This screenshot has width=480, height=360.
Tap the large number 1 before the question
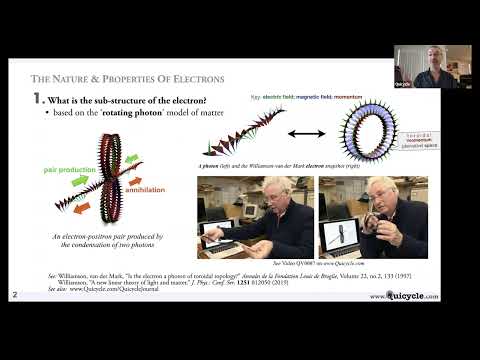point(38,100)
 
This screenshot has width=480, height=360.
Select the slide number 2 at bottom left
point(14,295)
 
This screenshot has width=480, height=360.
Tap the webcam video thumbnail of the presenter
point(431,66)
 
